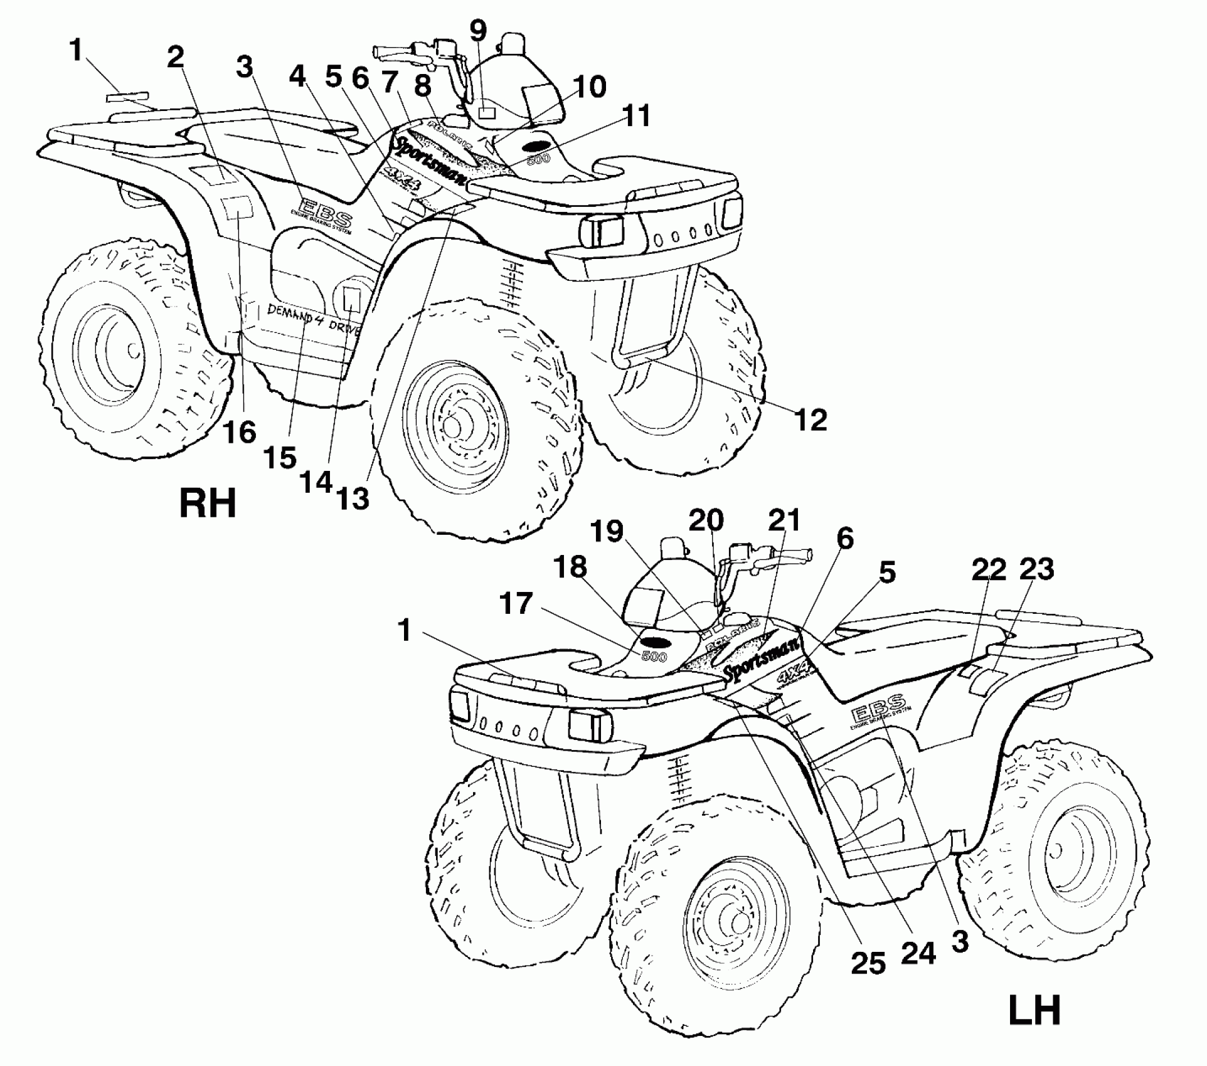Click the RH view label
pos(208,504)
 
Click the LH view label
pos(1034,1010)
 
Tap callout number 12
pos(811,420)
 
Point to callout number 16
pos(241,433)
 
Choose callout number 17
pos(515,604)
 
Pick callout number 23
pos(1036,569)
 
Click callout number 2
pos(176,58)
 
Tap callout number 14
pos(316,482)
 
